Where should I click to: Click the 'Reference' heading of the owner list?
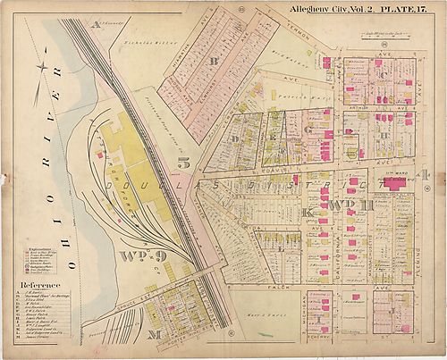pos(38,285)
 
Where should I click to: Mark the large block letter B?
pos(213,62)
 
